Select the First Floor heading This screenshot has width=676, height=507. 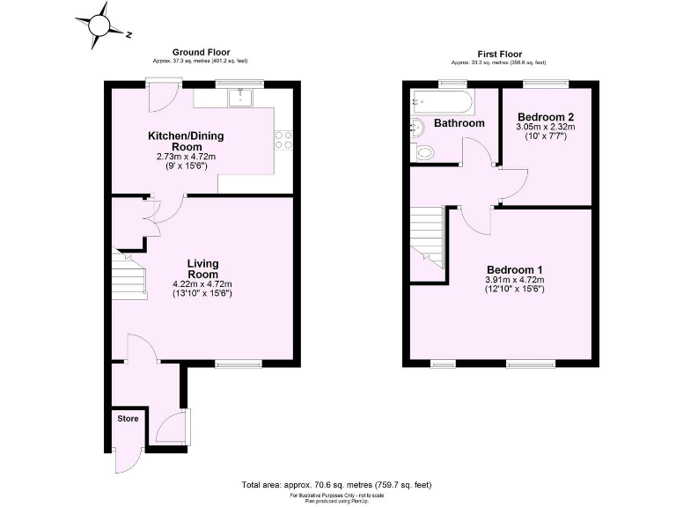(x=498, y=54)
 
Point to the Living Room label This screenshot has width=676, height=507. (x=202, y=268)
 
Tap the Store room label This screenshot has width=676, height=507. (x=129, y=418)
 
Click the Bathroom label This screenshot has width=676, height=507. (x=459, y=123)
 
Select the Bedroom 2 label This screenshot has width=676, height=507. (x=546, y=117)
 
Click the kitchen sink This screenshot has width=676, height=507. (x=240, y=96)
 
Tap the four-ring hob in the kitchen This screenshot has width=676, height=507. (x=284, y=140)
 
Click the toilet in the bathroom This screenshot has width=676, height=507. (x=423, y=153)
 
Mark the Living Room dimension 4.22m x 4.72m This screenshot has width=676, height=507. (x=202, y=284)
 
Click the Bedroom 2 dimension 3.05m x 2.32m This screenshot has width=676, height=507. (x=546, y=127)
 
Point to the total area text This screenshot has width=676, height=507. (x=337, y=485)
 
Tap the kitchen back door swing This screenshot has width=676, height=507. (x=163, y=99)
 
